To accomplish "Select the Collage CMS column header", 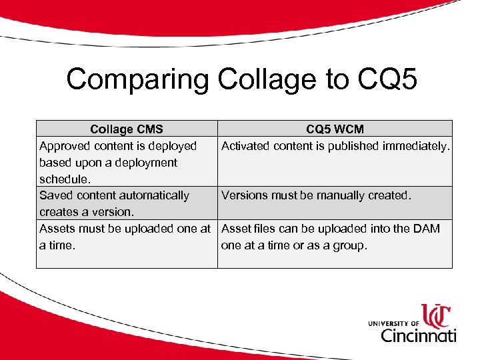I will point(127,129).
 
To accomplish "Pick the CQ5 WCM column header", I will point(335,129).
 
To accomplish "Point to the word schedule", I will point(63,179).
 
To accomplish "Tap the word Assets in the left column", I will point(57,229).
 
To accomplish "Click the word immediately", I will point(417,145).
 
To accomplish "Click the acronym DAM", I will point(427,229).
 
